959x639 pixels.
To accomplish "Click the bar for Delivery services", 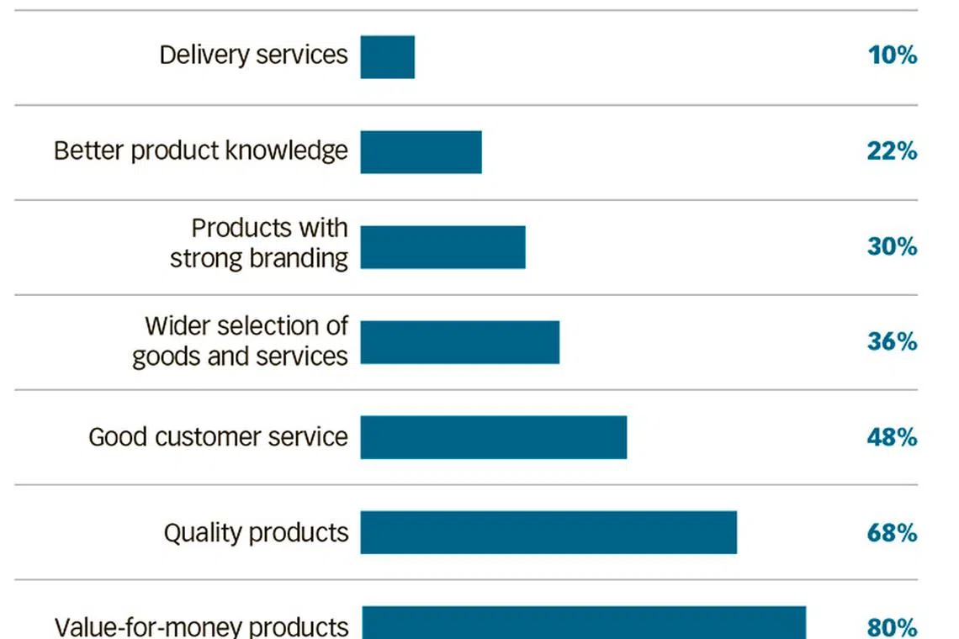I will tap(388, 56).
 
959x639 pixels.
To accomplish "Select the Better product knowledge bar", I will tap(421, 151).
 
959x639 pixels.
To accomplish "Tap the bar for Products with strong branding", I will tap(442, 247).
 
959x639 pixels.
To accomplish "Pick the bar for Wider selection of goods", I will tap(459, 342).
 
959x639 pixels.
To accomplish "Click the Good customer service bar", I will tap(493, 437).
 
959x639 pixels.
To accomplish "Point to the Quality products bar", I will tap(548, 532).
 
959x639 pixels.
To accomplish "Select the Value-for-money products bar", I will tap(584, 623).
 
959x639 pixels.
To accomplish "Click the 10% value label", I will tap(892, 56).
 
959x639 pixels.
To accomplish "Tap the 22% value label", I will tap(892, 151).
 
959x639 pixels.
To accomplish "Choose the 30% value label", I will tap(892, 247).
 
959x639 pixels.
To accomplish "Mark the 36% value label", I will tap(892, 342).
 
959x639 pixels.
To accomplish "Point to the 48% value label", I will tap(892, 437).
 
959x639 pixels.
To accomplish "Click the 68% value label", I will tap(892, 533).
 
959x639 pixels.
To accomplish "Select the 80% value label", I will tap(892, 627).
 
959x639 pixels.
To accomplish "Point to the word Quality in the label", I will tap(198, 533).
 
